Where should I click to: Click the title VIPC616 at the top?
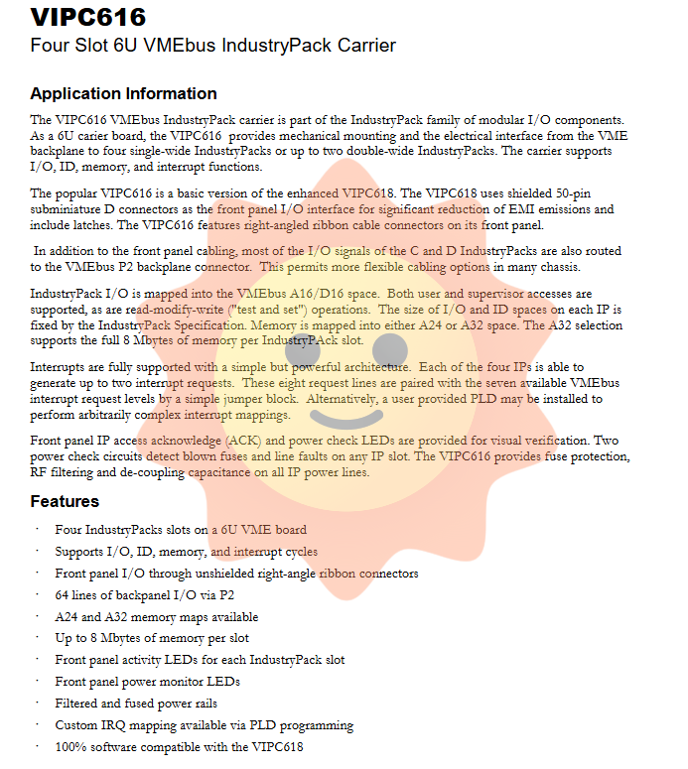[88, 17]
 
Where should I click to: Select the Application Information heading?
[123, 94]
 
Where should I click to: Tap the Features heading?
[65, 501]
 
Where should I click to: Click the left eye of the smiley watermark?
[302, 349]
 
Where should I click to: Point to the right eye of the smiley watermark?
[389, 349]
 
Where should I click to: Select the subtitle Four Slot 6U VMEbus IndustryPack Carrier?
[212, 46]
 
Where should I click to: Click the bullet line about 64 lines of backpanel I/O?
[145, 595]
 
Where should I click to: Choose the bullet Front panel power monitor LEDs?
[147, 682]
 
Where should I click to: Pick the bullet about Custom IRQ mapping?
[204, 725]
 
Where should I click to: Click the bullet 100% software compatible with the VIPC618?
[179, 747]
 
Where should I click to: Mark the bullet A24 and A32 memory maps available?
[156, 617]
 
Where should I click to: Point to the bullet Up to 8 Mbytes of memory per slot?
[152, 639]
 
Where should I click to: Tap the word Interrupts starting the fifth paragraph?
[61, 368]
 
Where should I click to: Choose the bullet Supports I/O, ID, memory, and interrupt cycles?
[187, 552]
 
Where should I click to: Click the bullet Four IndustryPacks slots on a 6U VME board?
[181, 530]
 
